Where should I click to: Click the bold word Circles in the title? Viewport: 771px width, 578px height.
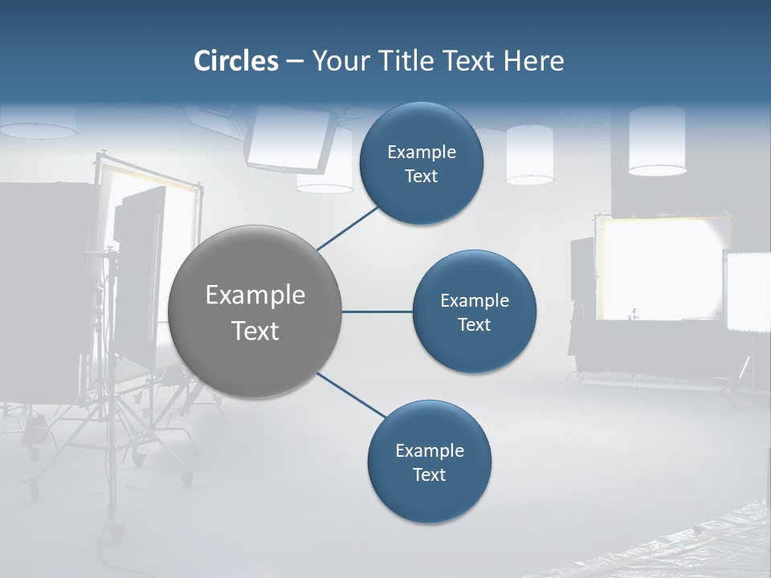[236, 61]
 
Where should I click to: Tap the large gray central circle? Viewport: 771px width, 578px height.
[255, 311]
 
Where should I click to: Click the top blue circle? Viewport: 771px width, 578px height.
[421, 163]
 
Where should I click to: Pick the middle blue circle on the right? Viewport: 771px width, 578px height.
[474, 311]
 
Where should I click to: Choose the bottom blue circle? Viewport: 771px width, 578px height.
[429, 462]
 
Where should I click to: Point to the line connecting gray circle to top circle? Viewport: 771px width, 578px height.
[349, 228]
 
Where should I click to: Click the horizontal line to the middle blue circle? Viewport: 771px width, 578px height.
[377, 311]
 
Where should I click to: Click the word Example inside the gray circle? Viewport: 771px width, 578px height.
[255, 295]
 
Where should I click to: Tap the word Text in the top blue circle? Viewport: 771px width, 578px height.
[421, 177]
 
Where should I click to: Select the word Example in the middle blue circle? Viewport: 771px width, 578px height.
[474, 300]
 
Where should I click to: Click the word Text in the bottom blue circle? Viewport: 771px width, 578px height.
[429, 474]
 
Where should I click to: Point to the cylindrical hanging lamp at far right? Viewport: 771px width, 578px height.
[657, 141]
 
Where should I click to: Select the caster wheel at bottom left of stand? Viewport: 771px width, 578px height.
[116, 530]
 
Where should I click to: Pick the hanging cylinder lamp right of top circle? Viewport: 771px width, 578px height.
[529, 154]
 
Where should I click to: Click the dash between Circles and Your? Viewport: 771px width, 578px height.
[295, 61]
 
